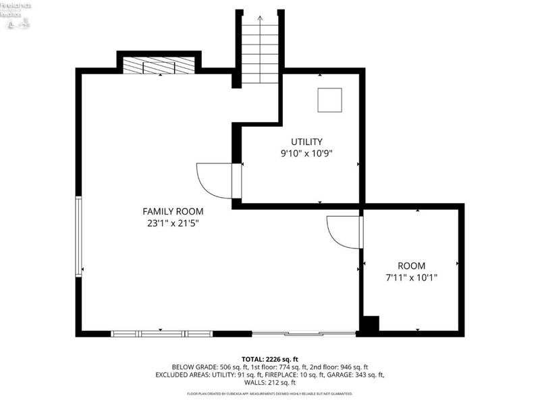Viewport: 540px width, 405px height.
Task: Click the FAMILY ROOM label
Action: tap(173, 211)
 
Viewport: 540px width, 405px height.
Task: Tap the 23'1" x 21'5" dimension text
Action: tap(173, 223)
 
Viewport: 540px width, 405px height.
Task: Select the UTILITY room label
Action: tap(306, 142)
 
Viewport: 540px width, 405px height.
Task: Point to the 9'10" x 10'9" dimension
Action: tap(306, 153)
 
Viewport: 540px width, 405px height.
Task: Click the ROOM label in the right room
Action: tap(411, 266)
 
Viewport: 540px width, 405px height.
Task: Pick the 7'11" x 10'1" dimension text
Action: tap(411, 277)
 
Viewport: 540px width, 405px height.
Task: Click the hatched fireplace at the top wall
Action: tap(159, 65)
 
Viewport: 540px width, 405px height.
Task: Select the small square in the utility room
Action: tap(329, 100)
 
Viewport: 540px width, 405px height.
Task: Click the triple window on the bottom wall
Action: tap(162, 333)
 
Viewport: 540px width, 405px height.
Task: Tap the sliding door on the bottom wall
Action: tap(304, 333)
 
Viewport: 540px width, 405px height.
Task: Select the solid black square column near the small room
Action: tap(370, 324)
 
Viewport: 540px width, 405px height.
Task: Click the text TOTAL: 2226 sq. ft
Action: tap(269, 358)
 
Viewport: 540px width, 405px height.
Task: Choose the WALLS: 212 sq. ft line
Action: tap(269, 382)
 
